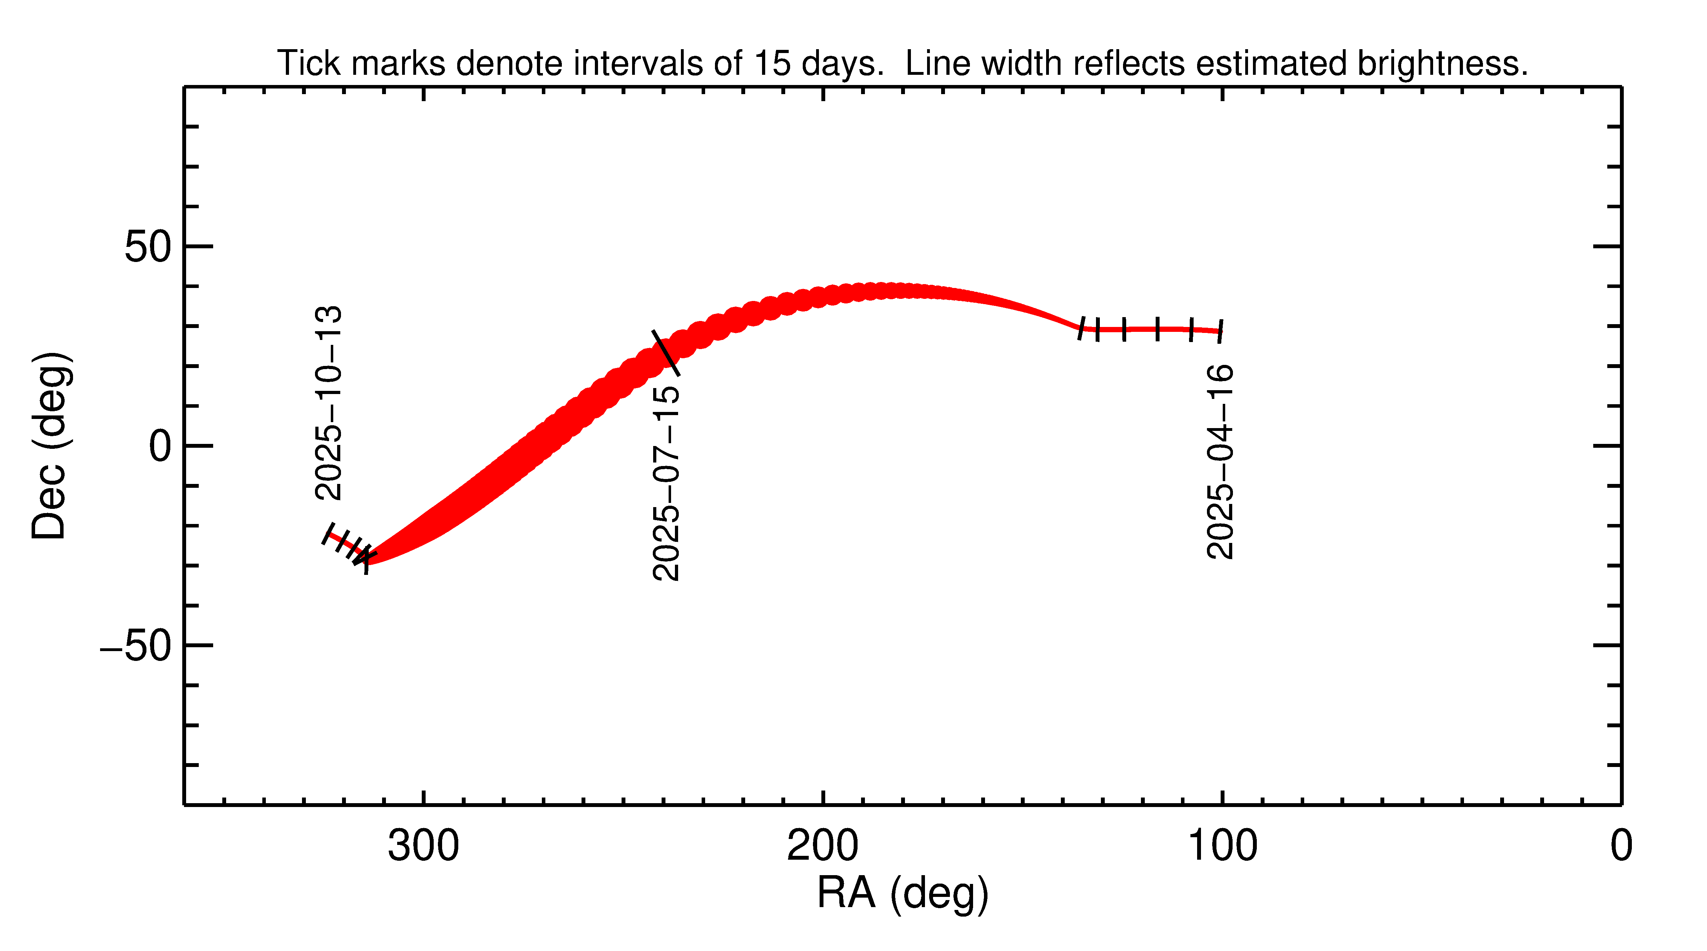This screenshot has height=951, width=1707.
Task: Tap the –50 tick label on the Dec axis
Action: tap(136, 646)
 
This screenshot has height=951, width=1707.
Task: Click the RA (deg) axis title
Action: tap(902, 893)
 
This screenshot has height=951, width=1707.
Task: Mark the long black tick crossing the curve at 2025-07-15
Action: tap(666, 353)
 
